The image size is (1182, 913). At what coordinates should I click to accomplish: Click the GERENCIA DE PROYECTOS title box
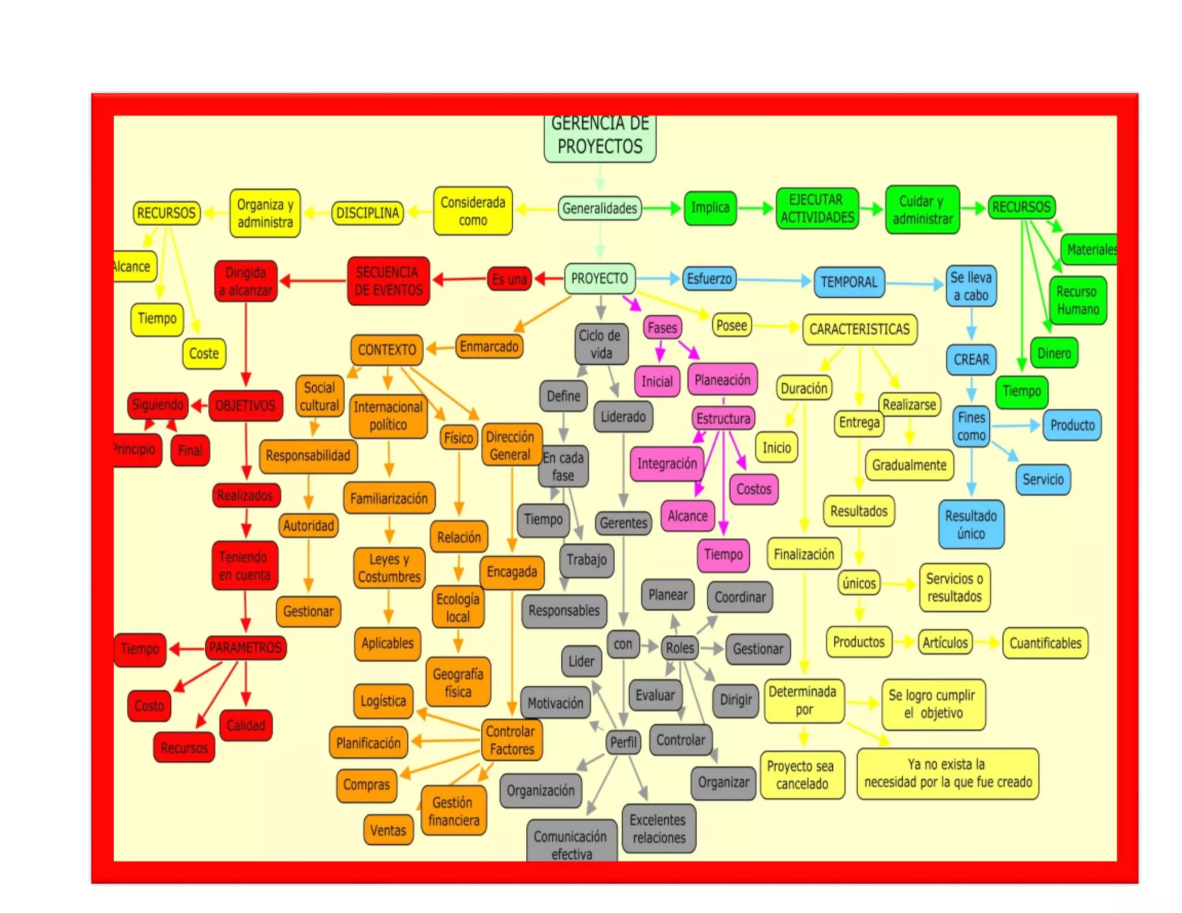(599, 137)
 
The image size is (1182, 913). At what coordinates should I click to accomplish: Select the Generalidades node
(600, 208)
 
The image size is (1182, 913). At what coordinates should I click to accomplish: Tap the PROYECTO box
(600, 279)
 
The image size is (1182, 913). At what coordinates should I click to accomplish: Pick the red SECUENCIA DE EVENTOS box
(388, 281)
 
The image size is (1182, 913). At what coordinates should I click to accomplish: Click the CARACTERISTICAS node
(859, 329)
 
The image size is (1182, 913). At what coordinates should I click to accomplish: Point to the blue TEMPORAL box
(848, 282)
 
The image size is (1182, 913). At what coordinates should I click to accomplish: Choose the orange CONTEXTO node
(386, 349)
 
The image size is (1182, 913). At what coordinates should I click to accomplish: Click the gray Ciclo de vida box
(601, 344)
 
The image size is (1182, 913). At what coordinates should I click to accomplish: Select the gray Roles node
(679, 648)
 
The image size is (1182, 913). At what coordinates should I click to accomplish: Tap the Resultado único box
(971, 524)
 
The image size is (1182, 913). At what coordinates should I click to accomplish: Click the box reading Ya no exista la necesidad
(947, 773)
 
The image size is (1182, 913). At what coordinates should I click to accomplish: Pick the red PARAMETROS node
(245, 648)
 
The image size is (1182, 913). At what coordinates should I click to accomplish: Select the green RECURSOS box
(1021, 207)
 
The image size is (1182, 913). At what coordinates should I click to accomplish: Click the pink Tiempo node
(723, 555)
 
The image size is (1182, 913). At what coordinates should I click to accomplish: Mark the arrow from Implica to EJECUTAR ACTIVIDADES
(755, 208)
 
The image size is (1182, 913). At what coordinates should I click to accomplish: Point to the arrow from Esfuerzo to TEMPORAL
(773, 280)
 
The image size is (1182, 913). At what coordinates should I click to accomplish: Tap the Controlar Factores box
(511, 740)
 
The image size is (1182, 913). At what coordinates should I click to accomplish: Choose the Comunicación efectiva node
(571, 843)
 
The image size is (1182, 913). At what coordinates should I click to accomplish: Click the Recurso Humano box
(1077, 300)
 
